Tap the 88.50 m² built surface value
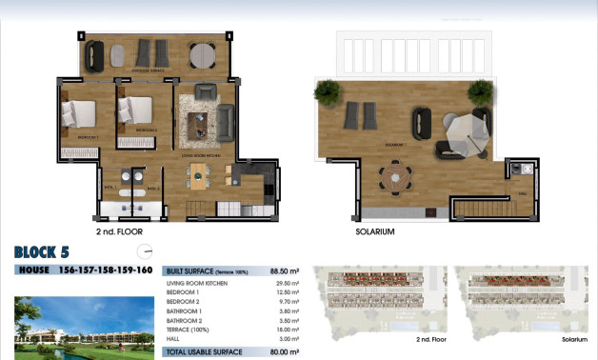pyautogui.click(x=285, y=270)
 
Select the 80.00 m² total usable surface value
pyautogui.click(x=285, y=351)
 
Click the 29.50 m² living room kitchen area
pyautogui.click(x=287, y=283)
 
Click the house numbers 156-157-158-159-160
pyautogui.click(x=107, y=270)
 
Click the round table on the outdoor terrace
pyautogui.click(x=202, y=55)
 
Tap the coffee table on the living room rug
pyautogui.click(x=197, y=124)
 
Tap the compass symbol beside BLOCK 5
pyautogui.click(x=145, y=252)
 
